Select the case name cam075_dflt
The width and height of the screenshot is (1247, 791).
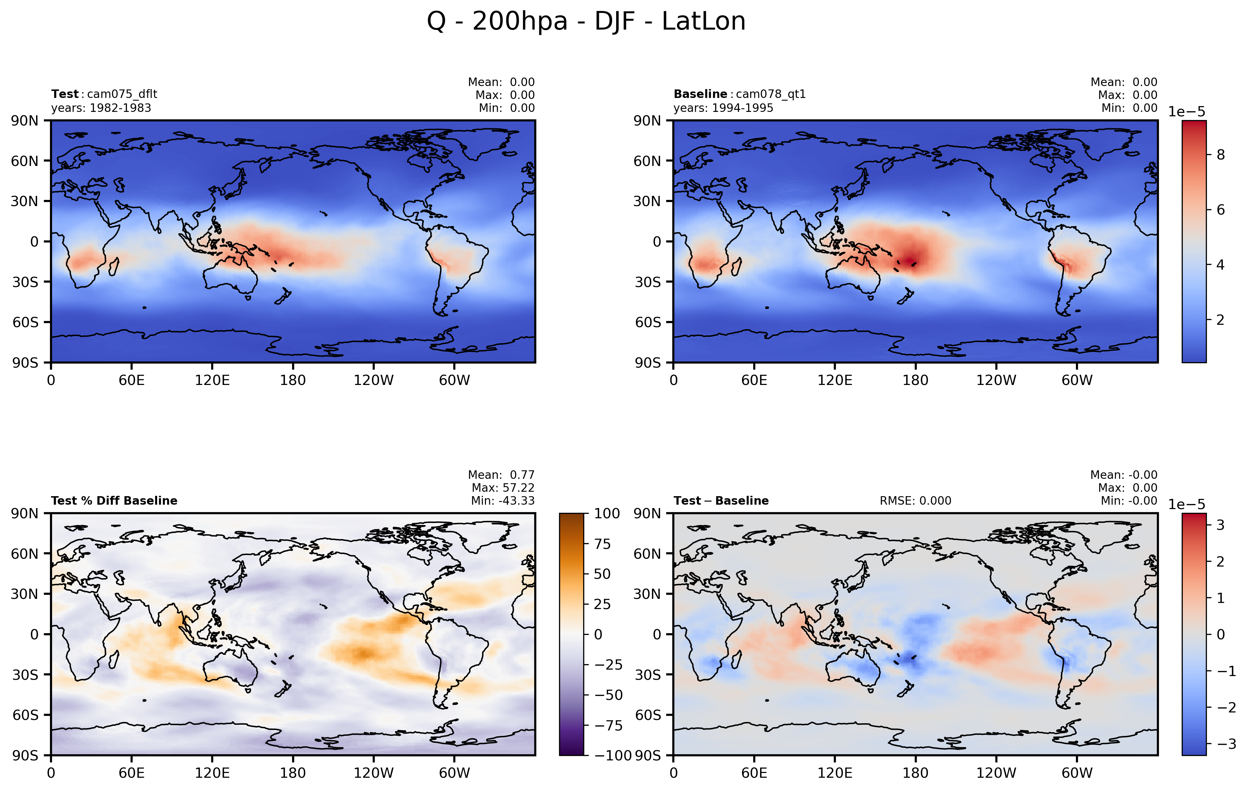tap(122, 94)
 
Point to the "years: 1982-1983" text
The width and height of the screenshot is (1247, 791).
tap(101, 108)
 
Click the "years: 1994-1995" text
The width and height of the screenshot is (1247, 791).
tap(723, 108)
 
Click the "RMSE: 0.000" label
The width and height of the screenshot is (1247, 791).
tap(915, 501)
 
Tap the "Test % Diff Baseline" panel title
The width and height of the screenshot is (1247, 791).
tap(114, 501)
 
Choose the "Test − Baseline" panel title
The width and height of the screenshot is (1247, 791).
tap(721, 501)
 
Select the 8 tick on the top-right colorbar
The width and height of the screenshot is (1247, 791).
tap(1220, 155)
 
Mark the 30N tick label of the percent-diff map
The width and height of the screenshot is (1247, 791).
tap(25, 594)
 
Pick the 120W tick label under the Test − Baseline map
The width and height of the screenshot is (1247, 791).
tap(996, 773)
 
